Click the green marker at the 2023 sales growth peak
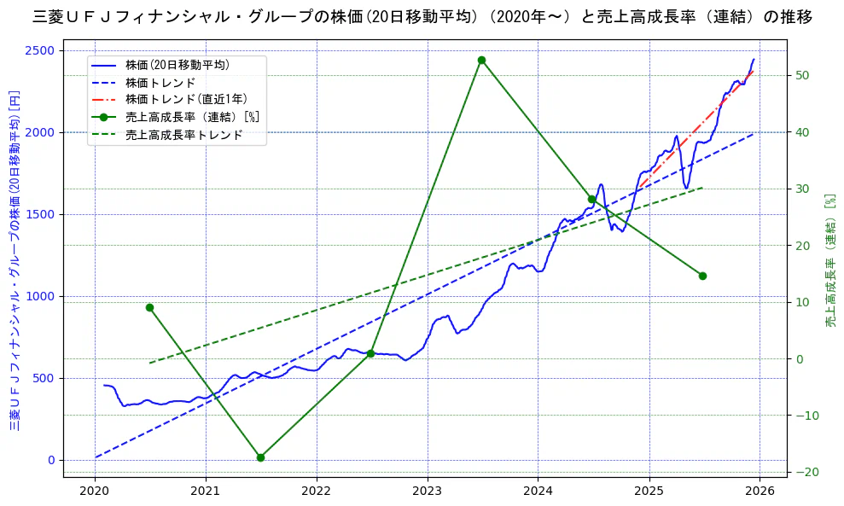pos(481,60)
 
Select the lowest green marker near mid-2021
pos(260,457)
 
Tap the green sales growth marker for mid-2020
pos(149,307)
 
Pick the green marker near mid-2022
pos(370,353)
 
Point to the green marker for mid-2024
pos(591,199)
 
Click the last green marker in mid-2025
pos(702,276)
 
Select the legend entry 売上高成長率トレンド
pos(183,135)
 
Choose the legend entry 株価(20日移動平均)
pos(177,65)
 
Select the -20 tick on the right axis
pos(805,472)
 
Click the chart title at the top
pos(422,17)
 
